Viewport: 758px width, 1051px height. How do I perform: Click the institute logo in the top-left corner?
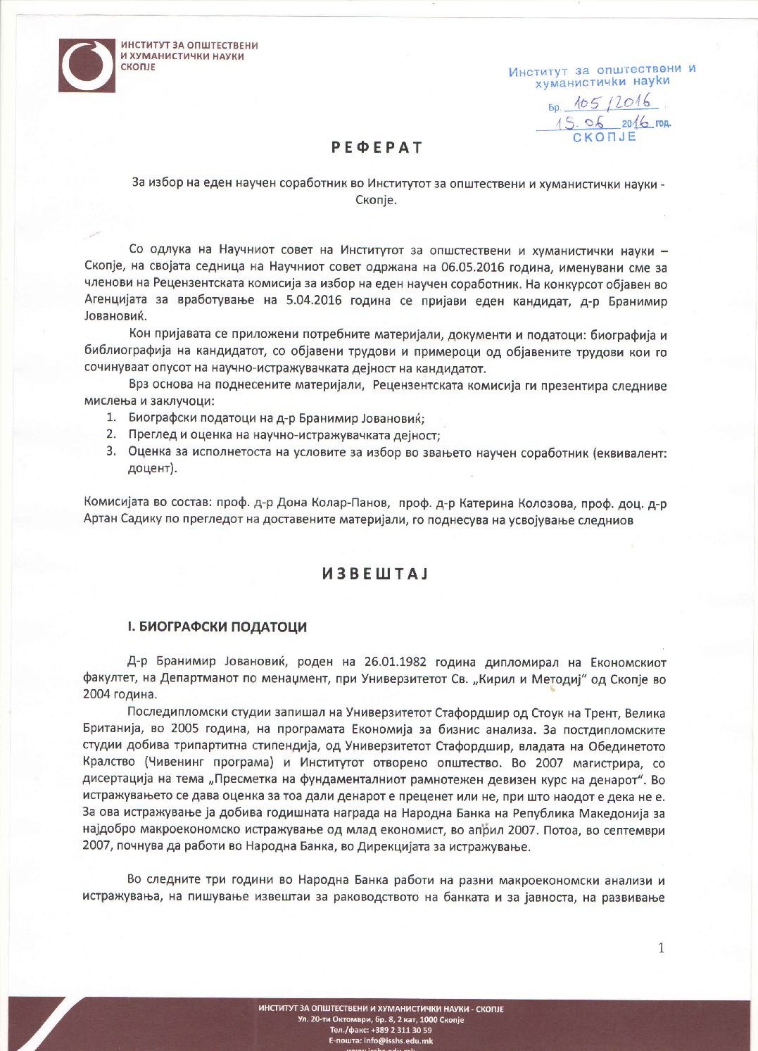point(86,65)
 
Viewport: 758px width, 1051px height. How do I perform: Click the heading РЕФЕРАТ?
point(377,148)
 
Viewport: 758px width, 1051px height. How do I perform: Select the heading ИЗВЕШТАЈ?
point(375,574)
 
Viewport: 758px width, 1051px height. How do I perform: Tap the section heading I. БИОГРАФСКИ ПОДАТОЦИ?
point(217,627)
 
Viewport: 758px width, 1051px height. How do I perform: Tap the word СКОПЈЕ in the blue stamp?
point(605,137)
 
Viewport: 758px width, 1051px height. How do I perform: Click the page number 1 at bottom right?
point(661,948)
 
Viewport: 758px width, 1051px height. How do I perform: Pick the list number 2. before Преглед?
point(111,434)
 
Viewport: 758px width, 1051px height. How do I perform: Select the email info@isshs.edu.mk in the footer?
point(398,1040)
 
